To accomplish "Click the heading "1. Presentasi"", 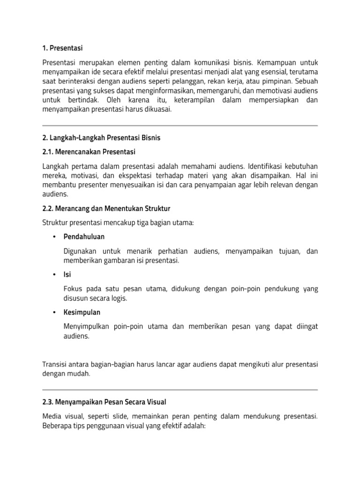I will click(x=63, y=48).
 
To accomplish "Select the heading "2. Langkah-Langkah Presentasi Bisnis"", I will click(x=101, y=138).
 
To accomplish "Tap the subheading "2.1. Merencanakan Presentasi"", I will click(x=89, y=152).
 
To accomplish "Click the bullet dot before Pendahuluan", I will click(x=54, y=237).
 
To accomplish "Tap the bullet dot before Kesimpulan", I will click(x=54, y=312).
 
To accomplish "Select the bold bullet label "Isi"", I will click(x=67, y=274).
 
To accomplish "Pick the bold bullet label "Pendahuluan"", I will click(x=84, y=236).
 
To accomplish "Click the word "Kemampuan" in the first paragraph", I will click(x=281, y=62).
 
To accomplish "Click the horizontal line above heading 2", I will click(x=180, y=126).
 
